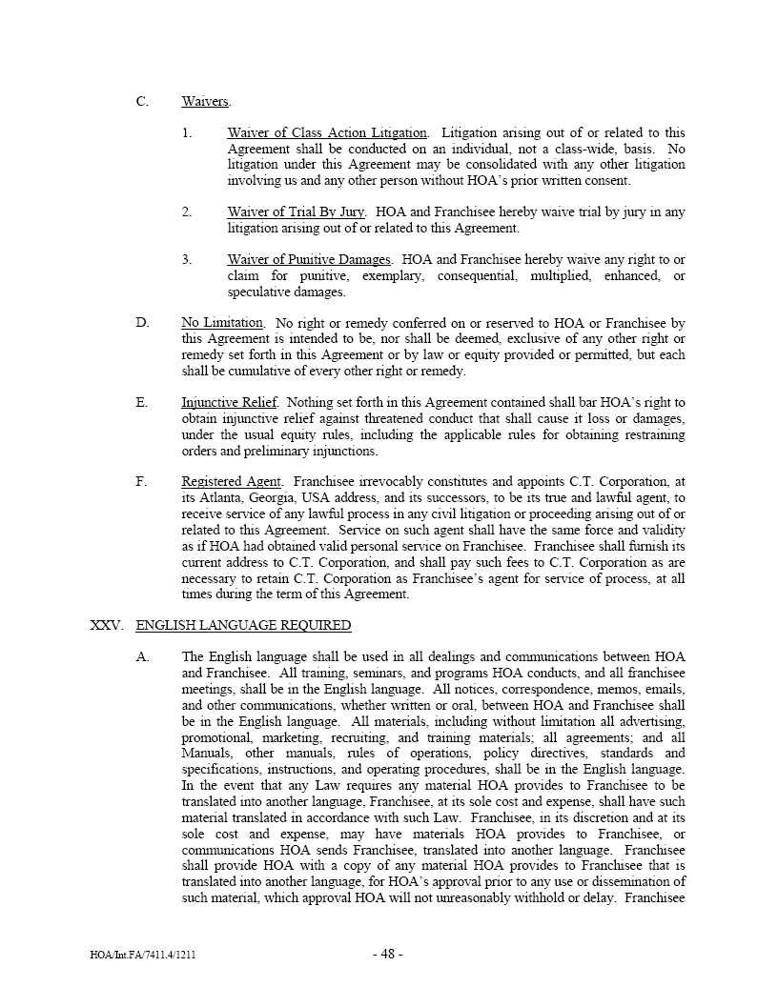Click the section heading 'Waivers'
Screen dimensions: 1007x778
coord(205,101)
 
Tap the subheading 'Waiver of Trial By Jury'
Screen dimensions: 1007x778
coord(297,211)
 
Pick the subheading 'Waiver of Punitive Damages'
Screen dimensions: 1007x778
coord(309,259)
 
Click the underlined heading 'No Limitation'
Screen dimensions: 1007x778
coord(222,323)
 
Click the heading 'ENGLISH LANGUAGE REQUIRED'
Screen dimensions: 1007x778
coord(243,625)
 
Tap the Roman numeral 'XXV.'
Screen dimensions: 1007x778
coord(107,625)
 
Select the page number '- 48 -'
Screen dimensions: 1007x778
coord(388,955)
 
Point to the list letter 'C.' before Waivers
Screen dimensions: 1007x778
coord(142,101)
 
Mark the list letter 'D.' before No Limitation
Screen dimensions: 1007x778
coord(142,323)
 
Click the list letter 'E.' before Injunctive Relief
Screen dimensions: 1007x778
coord(142,402)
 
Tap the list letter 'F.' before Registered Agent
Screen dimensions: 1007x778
coord(142,482)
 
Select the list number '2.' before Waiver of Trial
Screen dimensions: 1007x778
coord(188,211)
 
